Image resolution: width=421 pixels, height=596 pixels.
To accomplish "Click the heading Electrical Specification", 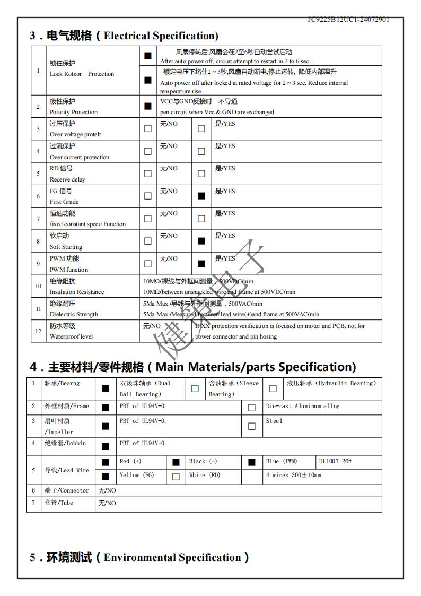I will tap(124, 36).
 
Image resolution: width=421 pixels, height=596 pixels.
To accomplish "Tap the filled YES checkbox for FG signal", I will tap(201, 196).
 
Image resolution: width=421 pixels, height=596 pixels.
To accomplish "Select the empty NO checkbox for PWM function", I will tap(147, 263).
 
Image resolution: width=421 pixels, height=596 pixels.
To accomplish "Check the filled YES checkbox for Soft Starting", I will tap(201, 241).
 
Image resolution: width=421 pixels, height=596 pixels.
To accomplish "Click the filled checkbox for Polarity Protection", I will tap(147, 106).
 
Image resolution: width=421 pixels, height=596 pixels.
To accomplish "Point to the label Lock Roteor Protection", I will tap(82, 74).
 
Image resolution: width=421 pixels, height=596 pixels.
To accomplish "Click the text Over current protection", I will tap(80, 157).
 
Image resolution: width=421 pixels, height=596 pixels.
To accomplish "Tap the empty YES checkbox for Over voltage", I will tap(201, 128).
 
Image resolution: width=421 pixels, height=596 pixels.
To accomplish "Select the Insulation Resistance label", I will tap(77, 292).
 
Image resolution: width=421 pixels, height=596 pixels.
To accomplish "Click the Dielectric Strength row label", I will tap(74, 314).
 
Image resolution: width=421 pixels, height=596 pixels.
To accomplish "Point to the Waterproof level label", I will tap(71, 336).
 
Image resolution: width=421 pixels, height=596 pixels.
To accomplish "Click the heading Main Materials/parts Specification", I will tap(192, 367).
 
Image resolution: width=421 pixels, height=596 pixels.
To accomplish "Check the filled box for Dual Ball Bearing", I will tap(106, 388).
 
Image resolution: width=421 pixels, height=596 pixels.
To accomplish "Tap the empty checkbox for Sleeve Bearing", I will tap(195, 388).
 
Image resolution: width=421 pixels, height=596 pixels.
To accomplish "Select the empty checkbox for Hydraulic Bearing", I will tap(273, 388).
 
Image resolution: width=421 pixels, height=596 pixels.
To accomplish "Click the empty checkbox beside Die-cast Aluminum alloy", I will tap(252, 408).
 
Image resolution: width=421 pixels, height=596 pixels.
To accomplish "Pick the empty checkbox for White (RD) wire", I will tap(176, 477).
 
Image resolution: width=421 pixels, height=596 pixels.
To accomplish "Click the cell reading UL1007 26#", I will tap(335, 461).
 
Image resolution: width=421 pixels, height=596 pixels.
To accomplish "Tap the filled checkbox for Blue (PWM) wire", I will tap(252, 462).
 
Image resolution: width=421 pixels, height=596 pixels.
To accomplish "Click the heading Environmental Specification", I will tap(139, 557).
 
